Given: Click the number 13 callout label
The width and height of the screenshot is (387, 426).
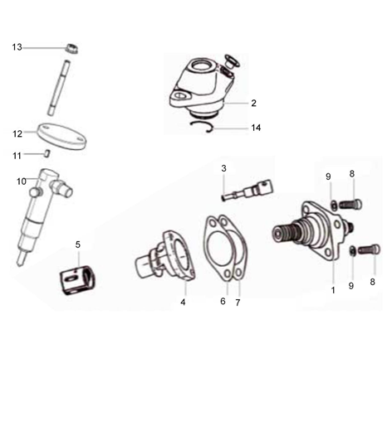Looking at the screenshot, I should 17,47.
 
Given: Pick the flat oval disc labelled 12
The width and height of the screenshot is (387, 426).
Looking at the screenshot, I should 63,134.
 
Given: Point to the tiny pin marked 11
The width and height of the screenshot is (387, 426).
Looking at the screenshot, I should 49,152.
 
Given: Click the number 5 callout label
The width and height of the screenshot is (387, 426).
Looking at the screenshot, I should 77,244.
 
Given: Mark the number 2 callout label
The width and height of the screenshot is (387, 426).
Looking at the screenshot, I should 254,104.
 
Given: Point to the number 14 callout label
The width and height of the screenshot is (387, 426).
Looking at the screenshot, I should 255,128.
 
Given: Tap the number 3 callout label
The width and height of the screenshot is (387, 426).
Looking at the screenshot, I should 223,168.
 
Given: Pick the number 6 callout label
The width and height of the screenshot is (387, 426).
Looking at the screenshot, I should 223,301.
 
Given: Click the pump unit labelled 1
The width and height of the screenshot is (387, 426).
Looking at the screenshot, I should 316,228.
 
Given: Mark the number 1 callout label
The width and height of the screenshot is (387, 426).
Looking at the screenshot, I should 333,290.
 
